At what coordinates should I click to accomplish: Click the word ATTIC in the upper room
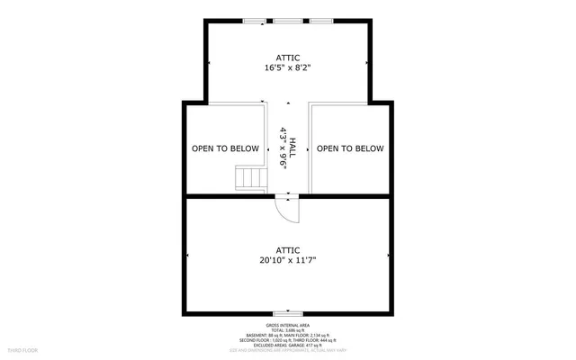coord(288,56)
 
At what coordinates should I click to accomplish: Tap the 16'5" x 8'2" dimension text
coord(288,67)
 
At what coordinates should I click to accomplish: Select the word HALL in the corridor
coord(292,148)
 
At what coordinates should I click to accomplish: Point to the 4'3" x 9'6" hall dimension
coord(283,148)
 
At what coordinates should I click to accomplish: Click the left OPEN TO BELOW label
coord(225,148)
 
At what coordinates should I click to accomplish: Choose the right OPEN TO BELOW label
coord(350,148)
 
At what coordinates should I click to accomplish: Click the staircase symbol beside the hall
coord(249,178)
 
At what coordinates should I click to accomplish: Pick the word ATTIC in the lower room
coord(288,249)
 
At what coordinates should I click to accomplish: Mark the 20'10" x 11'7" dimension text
coord(288,261)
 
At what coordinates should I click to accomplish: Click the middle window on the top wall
coord(288,20)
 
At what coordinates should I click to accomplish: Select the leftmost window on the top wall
coord(256,20)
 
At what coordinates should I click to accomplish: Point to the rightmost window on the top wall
coord(321,20)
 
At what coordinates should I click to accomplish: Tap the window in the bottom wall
coord(288,314)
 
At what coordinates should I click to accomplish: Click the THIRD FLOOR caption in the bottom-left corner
coord(21,346)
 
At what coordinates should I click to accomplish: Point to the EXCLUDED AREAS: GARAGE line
coord(288,345)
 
